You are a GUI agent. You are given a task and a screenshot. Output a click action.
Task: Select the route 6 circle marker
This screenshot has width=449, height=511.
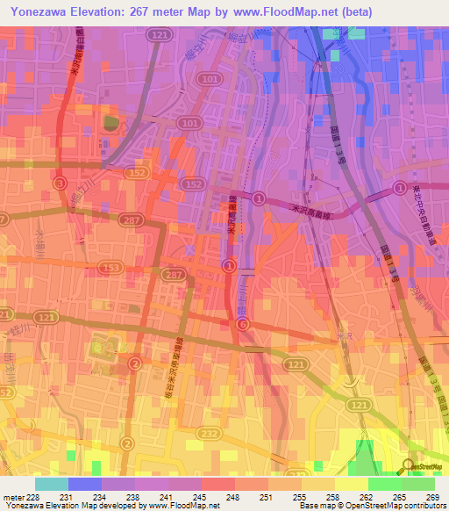(242, 324)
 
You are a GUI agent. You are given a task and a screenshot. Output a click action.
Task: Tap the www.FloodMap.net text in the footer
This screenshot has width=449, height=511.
(184, 506)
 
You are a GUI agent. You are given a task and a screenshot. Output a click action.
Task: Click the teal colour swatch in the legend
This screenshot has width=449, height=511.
(51, 484)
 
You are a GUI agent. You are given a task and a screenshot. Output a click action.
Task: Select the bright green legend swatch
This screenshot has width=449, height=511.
(384, 484)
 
